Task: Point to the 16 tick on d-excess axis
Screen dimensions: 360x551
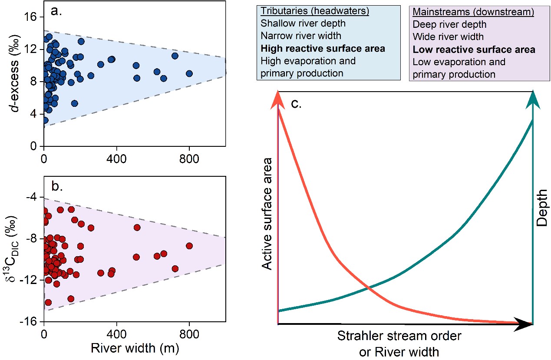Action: (31, 17)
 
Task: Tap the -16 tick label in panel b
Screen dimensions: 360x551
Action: (29, 322)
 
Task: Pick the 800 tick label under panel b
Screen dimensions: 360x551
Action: (189, 335)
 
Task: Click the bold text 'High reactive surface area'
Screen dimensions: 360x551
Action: (323, 49)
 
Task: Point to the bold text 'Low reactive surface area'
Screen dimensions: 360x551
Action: (474, 50)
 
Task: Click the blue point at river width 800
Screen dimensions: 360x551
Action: (189, 73)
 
